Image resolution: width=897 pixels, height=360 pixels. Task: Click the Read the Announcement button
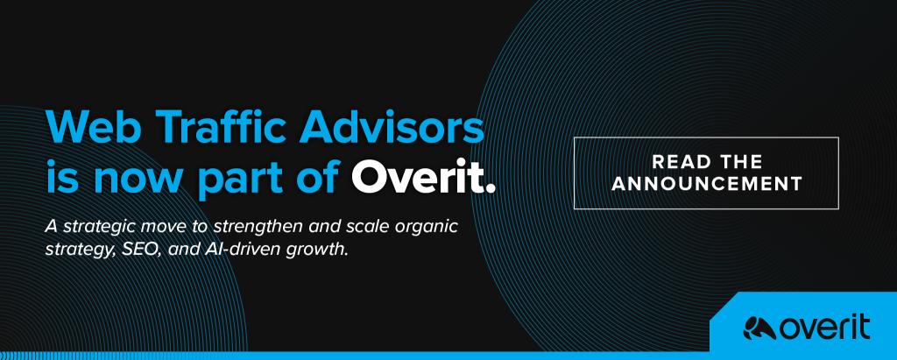pos(706,173)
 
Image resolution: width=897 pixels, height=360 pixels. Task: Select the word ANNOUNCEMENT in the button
pos(707,184)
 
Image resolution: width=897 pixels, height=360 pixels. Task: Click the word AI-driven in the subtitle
pos(235,250)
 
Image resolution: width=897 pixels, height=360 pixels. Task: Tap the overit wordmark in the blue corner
pos(824,328)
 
